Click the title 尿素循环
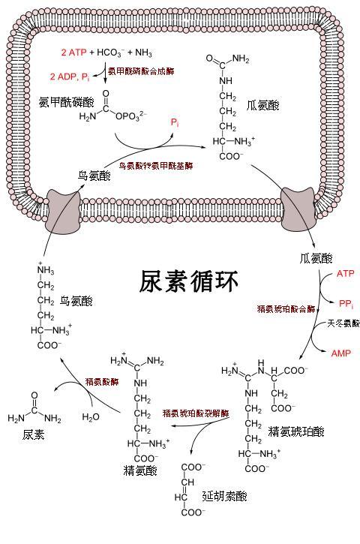pyautogui.click(x=189, y=282)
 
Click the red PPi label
pyautogui.click(x=346, y=303)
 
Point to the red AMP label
pyautogui.click(x=340, y=353)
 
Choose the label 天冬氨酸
pyautogui.click(x=343, y=324)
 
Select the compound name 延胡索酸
pyautogui.click(x=224, y=496)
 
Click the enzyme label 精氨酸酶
pyautogui.click(x=101, y=381)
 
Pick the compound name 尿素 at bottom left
pyautogui.click(x=34, y=434)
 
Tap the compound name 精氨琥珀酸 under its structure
pyautogui.click(x=296, y=431)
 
